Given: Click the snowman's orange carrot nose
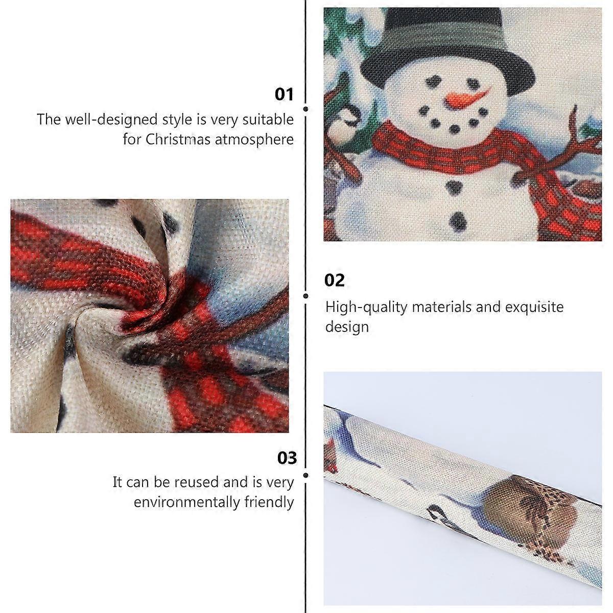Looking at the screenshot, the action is coord(465,97).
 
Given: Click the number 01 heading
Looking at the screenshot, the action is coord(284,95).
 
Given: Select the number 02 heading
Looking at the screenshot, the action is coord(334,280).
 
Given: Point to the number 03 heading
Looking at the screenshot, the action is coord(287,458).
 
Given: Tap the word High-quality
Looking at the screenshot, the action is coord(366,308).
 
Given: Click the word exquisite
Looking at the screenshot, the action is coord(534,307).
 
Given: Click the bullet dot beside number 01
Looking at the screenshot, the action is coord(306,109).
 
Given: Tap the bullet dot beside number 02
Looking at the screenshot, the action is coord(306,296).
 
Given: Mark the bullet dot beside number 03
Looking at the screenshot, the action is coord(306,475).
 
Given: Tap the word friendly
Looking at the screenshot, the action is coord(269,502).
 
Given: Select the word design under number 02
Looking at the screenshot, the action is coord(347,327).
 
